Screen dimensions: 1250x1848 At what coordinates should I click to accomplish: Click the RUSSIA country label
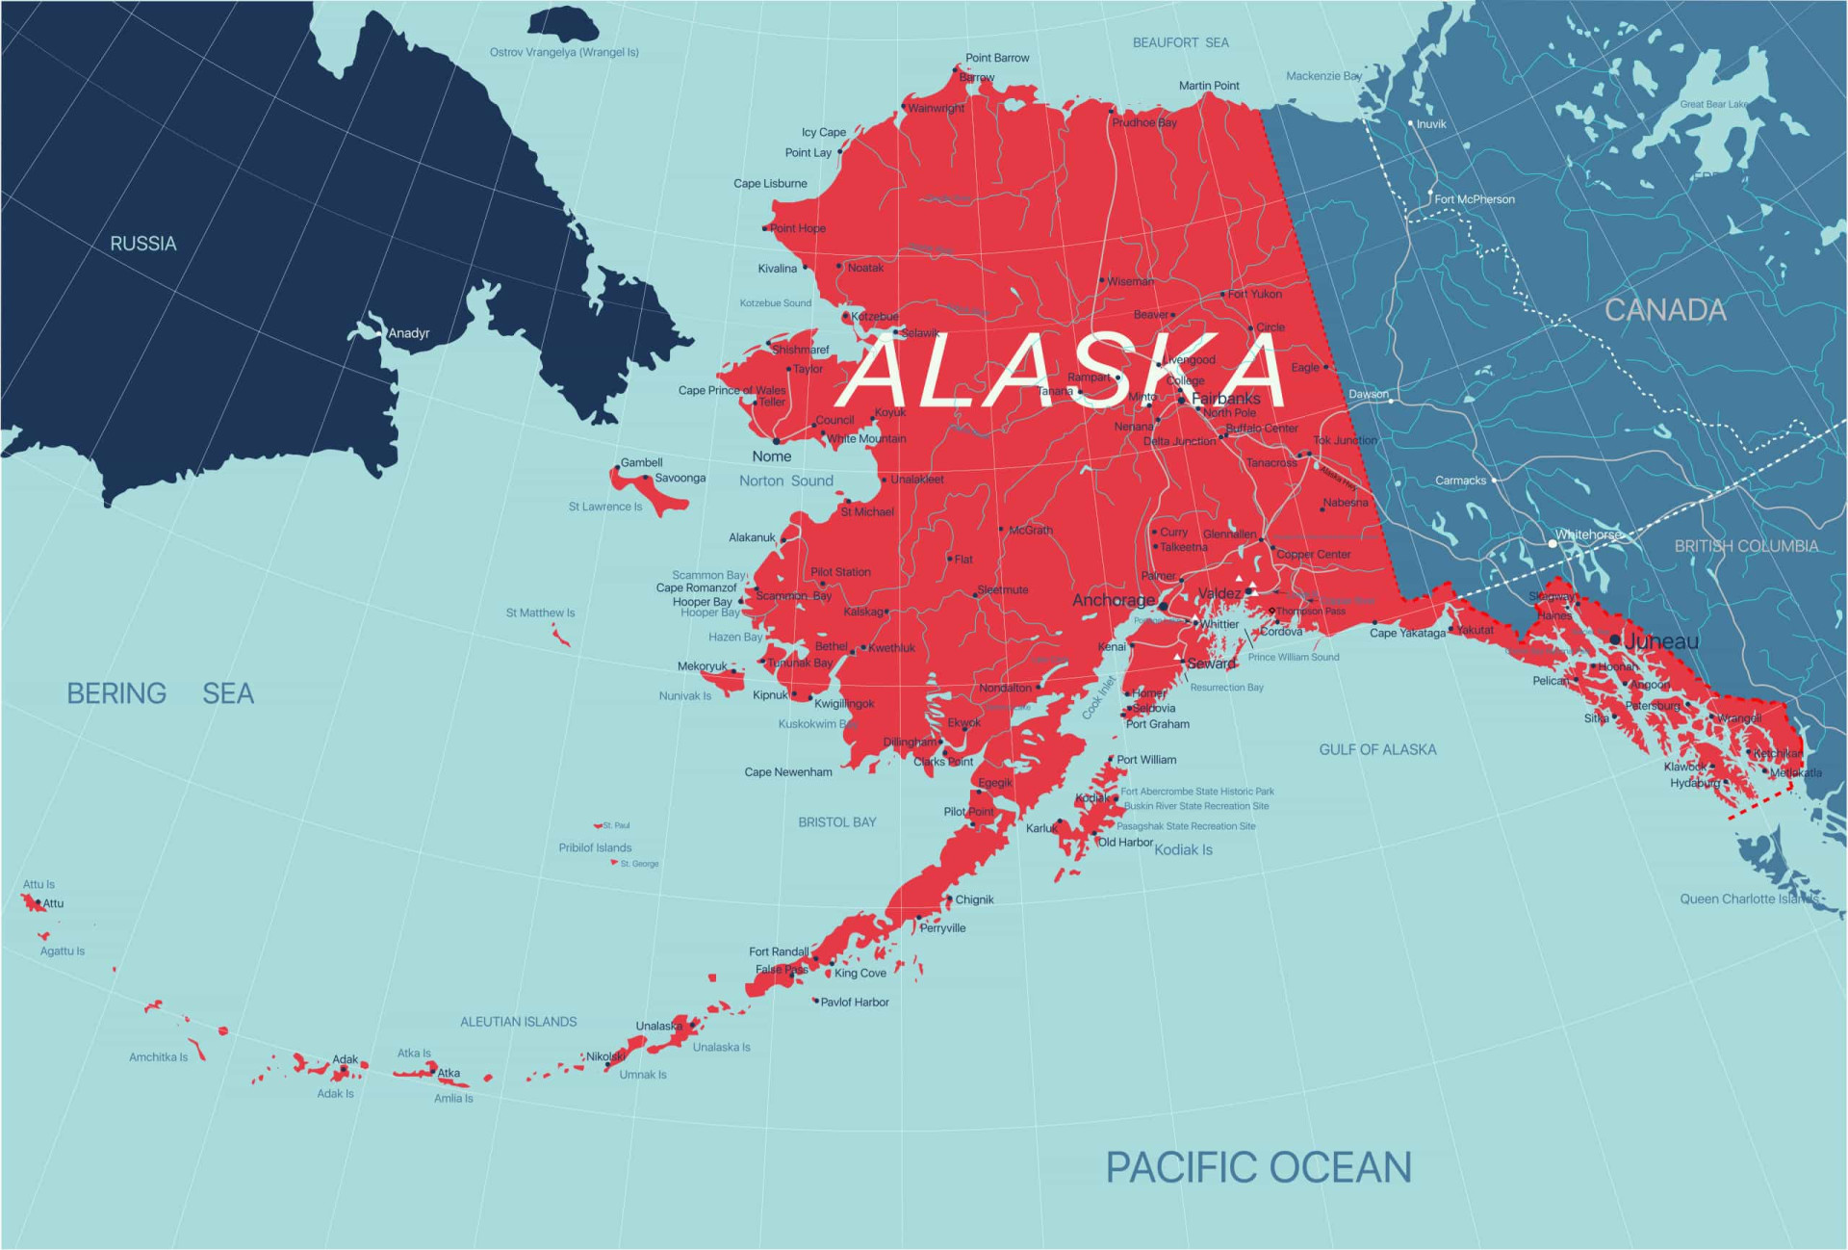(143, 244)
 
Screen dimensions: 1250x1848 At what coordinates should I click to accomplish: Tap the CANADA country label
(1665, 310)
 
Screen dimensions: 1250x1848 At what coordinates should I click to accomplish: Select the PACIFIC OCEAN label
(1258, 1167)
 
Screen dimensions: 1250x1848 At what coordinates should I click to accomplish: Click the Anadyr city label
(409, 333)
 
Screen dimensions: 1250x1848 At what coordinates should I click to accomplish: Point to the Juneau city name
(1662, 641)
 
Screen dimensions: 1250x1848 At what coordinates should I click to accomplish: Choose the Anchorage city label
(1114, 600)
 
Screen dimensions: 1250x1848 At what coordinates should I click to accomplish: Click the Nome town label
(772, 456)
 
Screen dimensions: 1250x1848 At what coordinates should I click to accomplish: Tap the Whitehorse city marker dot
(1552, 543)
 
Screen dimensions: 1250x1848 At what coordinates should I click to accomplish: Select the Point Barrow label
(997, 58)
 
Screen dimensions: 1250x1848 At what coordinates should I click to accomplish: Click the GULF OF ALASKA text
(1377, 749)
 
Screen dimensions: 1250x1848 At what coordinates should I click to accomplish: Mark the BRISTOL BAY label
(836, 822)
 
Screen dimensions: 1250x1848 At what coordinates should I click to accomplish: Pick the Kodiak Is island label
(1183, 849)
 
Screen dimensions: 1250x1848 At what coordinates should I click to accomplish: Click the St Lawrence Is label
(604, 507)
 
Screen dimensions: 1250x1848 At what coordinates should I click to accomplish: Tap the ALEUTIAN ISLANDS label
(518, 1022)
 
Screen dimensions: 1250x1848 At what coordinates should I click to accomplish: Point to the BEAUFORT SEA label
(1180, 42)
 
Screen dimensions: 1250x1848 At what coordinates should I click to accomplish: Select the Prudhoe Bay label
(1144, 122)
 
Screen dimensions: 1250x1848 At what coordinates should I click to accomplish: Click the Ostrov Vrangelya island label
(564, 52)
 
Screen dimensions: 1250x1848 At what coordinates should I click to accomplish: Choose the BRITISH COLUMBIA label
(1746, 546)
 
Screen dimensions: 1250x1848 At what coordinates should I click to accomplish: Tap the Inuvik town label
(1431, 124)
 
